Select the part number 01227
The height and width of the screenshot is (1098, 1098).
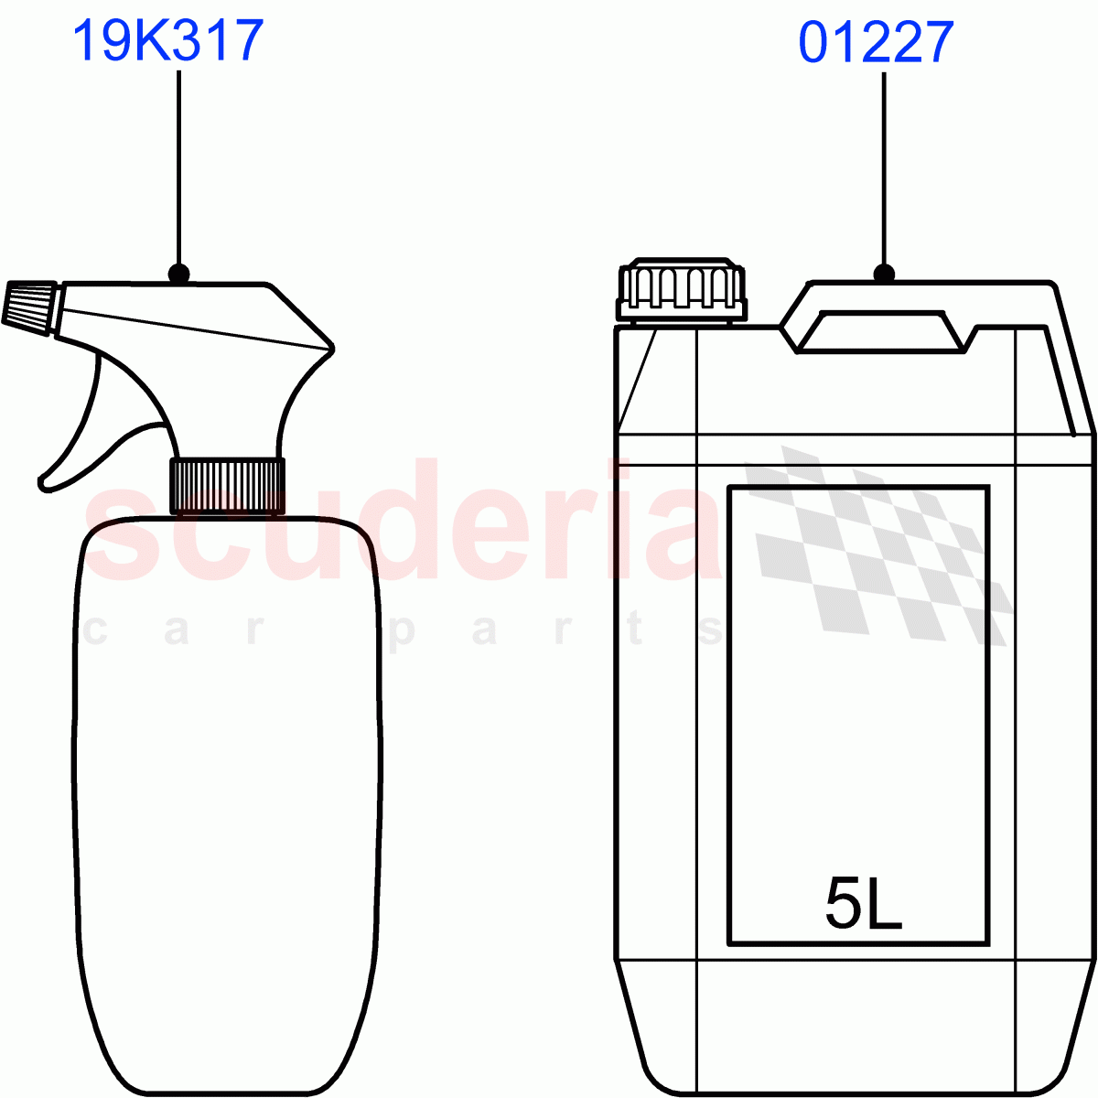876,42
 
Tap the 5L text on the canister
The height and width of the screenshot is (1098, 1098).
863,903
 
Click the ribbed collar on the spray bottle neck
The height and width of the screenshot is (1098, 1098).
227,486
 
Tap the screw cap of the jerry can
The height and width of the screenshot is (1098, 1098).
681,289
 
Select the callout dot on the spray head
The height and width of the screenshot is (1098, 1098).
179,273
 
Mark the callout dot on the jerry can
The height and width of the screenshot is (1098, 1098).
884,273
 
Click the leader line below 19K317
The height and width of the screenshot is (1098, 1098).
179,165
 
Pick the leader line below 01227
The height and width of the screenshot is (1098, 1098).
884,165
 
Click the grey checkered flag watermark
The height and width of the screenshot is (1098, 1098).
878,549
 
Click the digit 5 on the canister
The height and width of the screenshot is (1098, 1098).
842,903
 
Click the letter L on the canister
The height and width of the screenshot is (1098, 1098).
884,904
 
